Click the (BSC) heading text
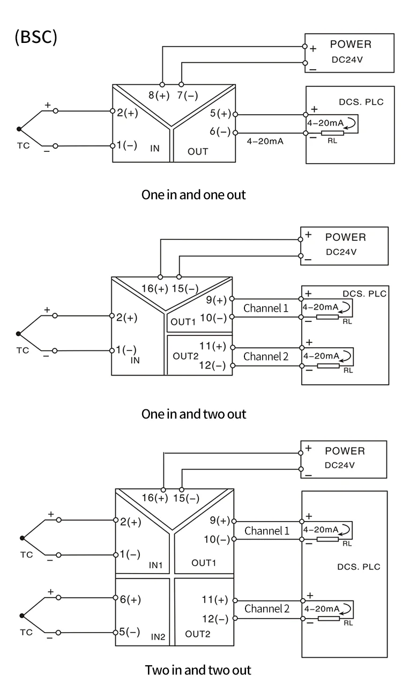[x=36, y=37]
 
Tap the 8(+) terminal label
[x=159, y=96]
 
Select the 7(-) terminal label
[x=188, y=96]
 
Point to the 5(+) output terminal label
[x=220, y=113]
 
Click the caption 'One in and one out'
[x=193, y=195]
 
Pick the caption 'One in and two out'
[x=193, y=414]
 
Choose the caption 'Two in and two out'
[x=198, y=670]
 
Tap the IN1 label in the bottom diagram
[x=155, y=565]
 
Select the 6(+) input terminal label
[x=130, y=599]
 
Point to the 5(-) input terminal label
[x=130, y=632]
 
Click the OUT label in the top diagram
[x=198, y=151]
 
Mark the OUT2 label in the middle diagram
[x=185, y=356]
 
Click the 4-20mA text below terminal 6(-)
[x=265, y=142]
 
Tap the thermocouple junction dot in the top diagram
[x=19, y=129]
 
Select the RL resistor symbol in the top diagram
[x=332, y=133]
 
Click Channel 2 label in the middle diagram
[x=266, y=356]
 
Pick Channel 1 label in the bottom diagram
[x=267, y=531]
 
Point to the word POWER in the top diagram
[x=351, y=45]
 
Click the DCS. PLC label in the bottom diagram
[x=359, y=567]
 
